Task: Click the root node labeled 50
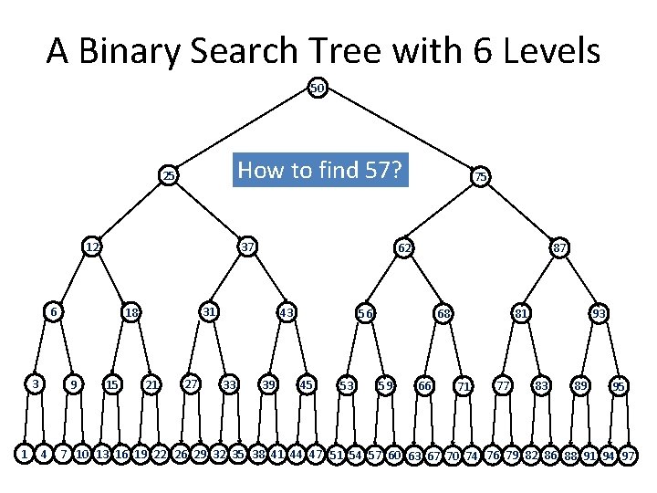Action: [317, 89]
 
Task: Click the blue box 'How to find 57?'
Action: [321, 170]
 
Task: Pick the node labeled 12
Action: [92, 246]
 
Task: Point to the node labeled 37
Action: [247, 246]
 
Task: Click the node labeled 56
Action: [365, 313]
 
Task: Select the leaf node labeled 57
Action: [374, 454]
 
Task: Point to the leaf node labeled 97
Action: [628, 455]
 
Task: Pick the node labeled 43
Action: [287, 313]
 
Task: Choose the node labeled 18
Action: [131, 313]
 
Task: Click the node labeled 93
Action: [600, 313]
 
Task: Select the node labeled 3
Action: [35, 383]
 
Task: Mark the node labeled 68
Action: [443, 313]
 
